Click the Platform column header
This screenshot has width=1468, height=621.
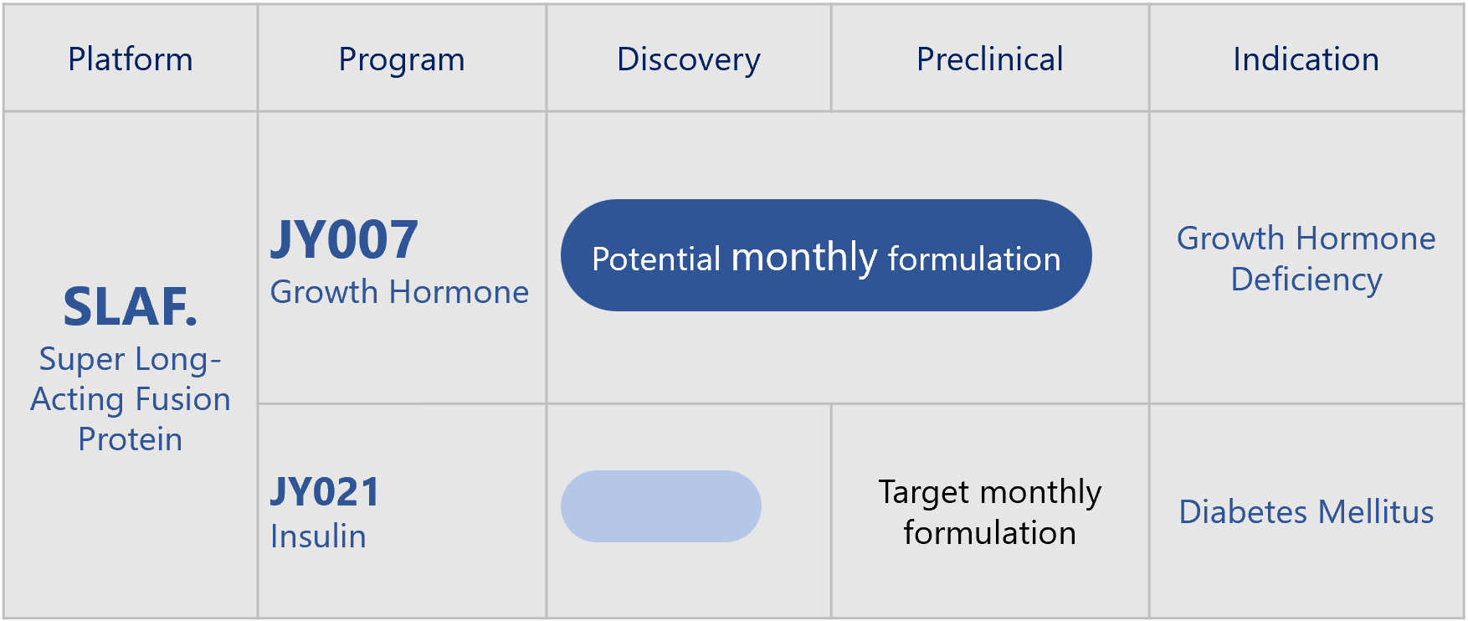(131, 59)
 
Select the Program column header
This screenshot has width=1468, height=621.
(402, 60)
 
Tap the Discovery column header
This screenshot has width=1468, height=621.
(689, 60)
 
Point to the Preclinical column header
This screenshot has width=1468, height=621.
(990, 59)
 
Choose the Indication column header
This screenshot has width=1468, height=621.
(1306, 59)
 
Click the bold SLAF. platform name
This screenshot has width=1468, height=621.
(131, 307)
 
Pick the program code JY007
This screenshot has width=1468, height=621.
(344, 240)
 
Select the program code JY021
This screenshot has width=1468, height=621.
(325, 492)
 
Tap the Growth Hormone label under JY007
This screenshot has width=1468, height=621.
(399, 292)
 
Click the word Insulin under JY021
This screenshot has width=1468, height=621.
(318, 536)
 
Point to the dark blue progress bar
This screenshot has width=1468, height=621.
(826, 255)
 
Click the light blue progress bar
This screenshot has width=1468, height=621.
(661, 506)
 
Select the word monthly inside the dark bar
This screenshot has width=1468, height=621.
(804, 258)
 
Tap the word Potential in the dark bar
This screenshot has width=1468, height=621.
(656, 259)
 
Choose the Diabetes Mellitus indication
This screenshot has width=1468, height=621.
(1306, 512)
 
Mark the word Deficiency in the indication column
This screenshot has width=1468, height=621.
(1306, 280)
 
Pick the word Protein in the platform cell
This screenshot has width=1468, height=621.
(131, 439)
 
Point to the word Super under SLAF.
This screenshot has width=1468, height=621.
(82, 360)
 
